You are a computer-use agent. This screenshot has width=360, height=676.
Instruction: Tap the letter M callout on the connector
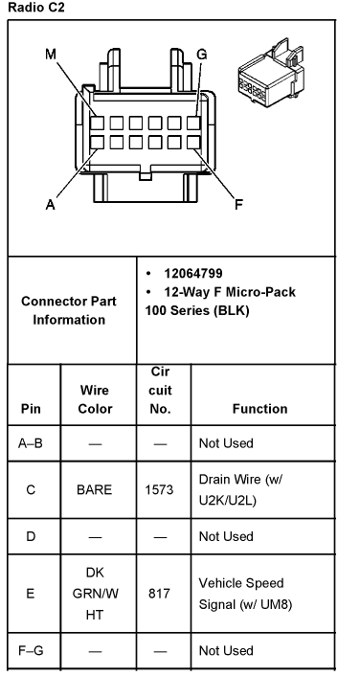click(50, 56)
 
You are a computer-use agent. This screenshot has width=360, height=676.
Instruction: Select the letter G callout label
click(201, 55)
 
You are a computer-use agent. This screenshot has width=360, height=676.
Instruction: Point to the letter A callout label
click(50, 203)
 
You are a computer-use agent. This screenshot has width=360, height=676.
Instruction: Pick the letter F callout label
click(239, 202)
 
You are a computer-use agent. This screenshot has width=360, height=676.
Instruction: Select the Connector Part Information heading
click(69, 310)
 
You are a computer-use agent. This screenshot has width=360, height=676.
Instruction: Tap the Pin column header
click(31, 408)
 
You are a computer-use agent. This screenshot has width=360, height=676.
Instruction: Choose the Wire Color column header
click(94, 399)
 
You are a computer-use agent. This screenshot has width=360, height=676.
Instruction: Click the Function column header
click(259, 408)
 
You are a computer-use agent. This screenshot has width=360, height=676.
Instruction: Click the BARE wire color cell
click(94, 489)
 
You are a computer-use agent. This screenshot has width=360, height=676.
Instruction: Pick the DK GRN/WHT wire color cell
click(94, 593)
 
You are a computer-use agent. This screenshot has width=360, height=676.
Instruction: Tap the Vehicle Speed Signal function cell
click(242, 593)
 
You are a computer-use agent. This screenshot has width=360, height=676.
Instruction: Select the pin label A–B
click(31, 443)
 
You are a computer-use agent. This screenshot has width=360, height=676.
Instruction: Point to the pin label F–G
click(31, 650)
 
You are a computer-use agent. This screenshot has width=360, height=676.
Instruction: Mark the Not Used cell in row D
click(226, 535)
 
